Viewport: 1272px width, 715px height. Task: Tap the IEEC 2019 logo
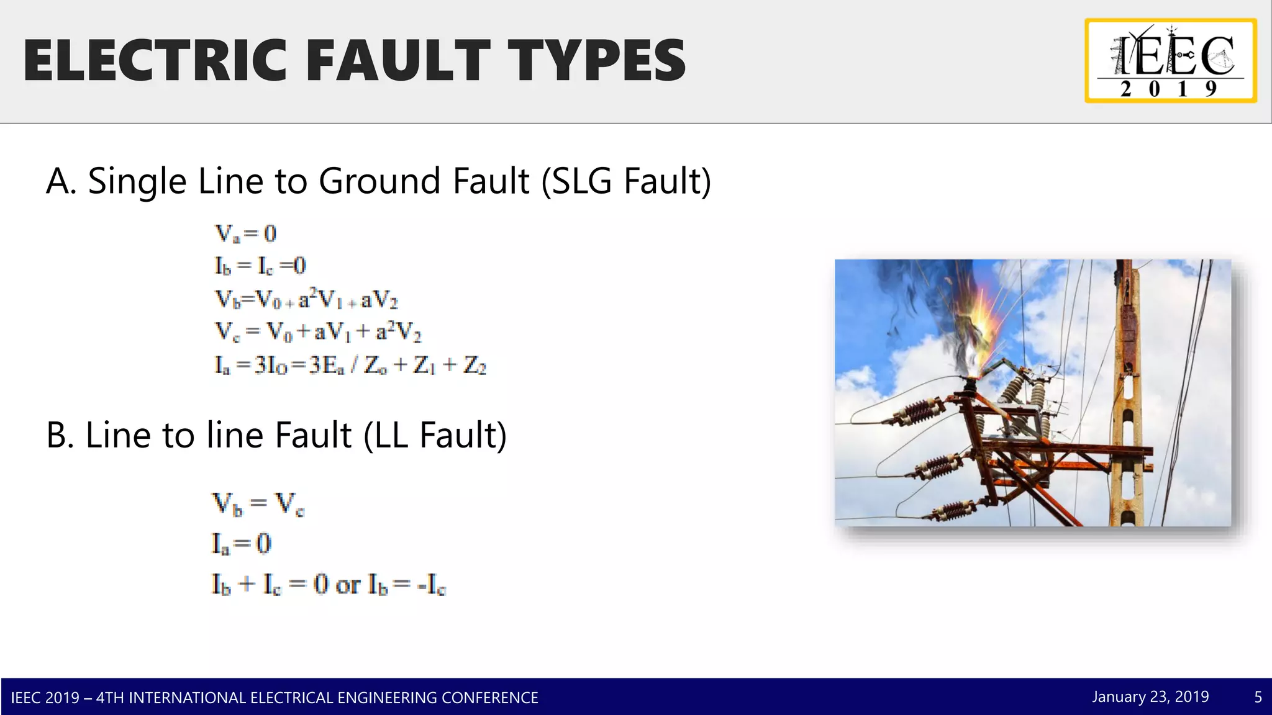click(1171, 61)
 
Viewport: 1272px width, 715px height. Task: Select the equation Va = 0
click(245, 233)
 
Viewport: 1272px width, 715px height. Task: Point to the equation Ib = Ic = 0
click(260, 266)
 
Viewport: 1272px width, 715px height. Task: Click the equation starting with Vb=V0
click(306, 299)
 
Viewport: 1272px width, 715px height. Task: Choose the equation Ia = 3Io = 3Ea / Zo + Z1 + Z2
click(350, 365)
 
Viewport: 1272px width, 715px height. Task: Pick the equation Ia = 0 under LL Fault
click(242, 544)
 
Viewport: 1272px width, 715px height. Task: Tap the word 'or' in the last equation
click(348, 585)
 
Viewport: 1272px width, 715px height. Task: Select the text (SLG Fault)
click(626, 181)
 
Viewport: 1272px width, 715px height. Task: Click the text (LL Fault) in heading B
click(435, 435)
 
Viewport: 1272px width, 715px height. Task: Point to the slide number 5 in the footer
click(1258, 697)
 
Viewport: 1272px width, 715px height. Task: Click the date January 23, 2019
click(1150, 697)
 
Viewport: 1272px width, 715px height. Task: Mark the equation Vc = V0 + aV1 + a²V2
click(318, 332)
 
